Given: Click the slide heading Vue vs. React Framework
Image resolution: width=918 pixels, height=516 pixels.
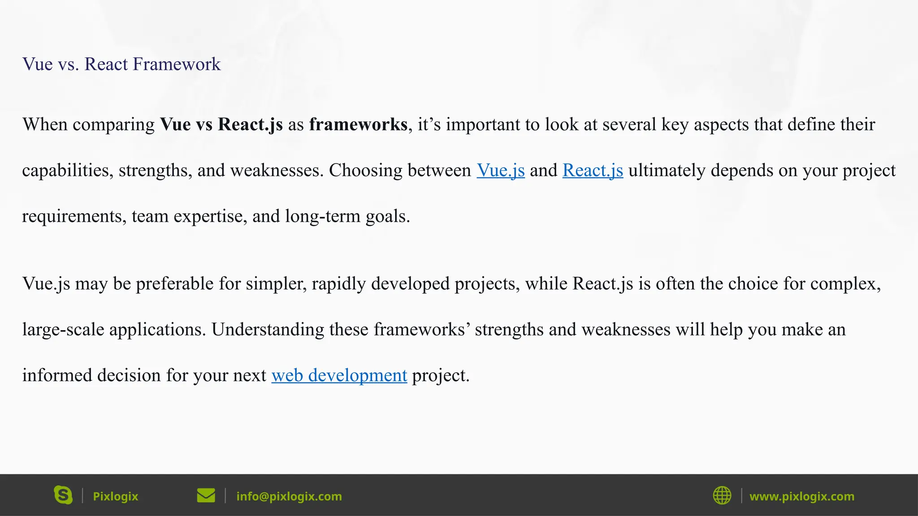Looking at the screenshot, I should pos(121,64).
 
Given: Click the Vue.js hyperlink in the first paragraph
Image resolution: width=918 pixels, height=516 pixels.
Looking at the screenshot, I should pos(500,171).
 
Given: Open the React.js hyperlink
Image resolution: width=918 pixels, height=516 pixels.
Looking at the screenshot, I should pos(593,171).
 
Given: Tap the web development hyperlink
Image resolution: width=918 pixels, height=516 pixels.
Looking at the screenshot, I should pos(339,375).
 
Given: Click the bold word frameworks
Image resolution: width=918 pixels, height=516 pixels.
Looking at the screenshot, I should pos(358,125).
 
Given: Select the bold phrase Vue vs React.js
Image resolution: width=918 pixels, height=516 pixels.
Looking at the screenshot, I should pos(221,125).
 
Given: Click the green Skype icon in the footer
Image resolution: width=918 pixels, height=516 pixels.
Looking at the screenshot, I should pos(63,495).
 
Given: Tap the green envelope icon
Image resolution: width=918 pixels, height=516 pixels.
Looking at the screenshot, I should pos(206,495).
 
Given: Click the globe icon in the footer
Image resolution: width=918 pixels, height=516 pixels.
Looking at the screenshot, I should pos(722,495).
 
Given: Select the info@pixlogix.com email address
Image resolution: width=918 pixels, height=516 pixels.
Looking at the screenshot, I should pos(289,496).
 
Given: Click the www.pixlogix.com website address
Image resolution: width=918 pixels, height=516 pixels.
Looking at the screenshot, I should pos(801,496).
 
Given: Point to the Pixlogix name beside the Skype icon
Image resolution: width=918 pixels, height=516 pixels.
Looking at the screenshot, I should pos(115,496).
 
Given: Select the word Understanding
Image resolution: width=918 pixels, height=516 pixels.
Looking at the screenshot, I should pos(268,330).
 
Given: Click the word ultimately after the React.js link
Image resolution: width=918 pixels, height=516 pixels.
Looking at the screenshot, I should pos(667,171).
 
